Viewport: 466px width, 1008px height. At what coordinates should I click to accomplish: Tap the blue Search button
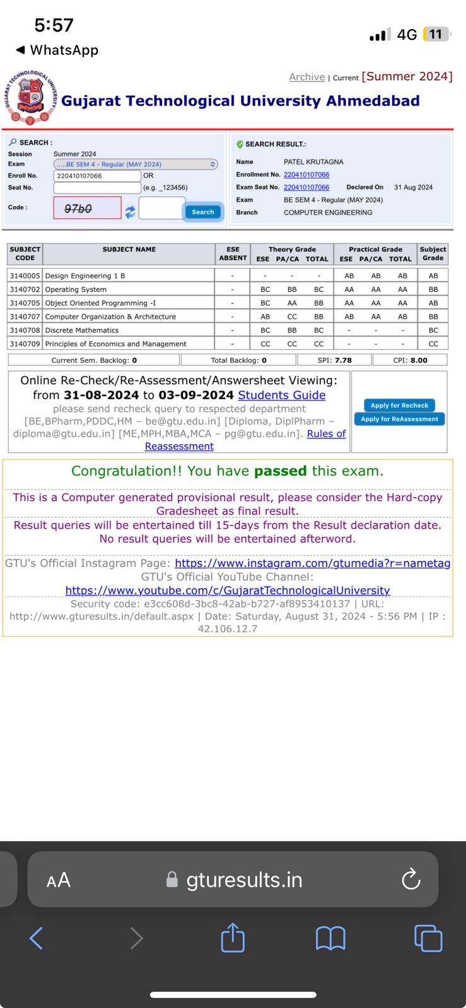pyautogui.click(x=202, y=212)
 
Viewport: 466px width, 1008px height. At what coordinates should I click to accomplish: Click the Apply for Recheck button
pyautogui.click(x=399, y=405)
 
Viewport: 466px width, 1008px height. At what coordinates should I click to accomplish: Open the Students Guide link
pyautogui.click(x=281, y=395)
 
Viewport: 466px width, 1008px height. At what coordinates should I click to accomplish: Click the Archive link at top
pyautogui.click(x=306, y=77)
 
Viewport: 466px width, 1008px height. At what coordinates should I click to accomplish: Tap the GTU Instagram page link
pyautogui.click(x=312, y=563)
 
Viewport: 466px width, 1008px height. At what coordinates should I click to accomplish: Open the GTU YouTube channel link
pyautogui.click(x=228, y=590)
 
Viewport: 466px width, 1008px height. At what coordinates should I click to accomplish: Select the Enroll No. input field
pyautogui.click(x=97, y=176)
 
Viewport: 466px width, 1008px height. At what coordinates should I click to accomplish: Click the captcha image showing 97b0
pyautogui.click(x=87, y=208)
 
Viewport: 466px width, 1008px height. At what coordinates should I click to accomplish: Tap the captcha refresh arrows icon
pyautogui.click(x=130, y=212)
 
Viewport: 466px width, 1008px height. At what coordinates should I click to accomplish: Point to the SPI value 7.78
pyautogui.click(x=343, y=360)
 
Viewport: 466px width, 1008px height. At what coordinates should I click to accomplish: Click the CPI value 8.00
pyautogui.click(x=419, y=360)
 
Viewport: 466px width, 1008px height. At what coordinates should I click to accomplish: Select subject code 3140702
pyautogui.click(x=25, y=289)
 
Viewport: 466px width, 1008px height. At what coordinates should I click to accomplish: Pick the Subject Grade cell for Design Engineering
pyautogui.click(x=433, y=275)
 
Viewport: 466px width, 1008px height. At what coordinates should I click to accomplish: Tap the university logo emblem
pyautogui.click(x=30, y=98)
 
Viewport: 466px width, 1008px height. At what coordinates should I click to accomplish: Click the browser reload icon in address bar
pyautogui.click(x=411, y=879)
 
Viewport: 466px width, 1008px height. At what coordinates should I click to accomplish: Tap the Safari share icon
pyautogui.click(x=233, y=937)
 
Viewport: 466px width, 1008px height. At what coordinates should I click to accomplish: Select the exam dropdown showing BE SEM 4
pyautogui.click(x=136, y=164)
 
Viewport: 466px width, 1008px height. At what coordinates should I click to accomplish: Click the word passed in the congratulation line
pyautogui.click(x=280, y=471)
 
